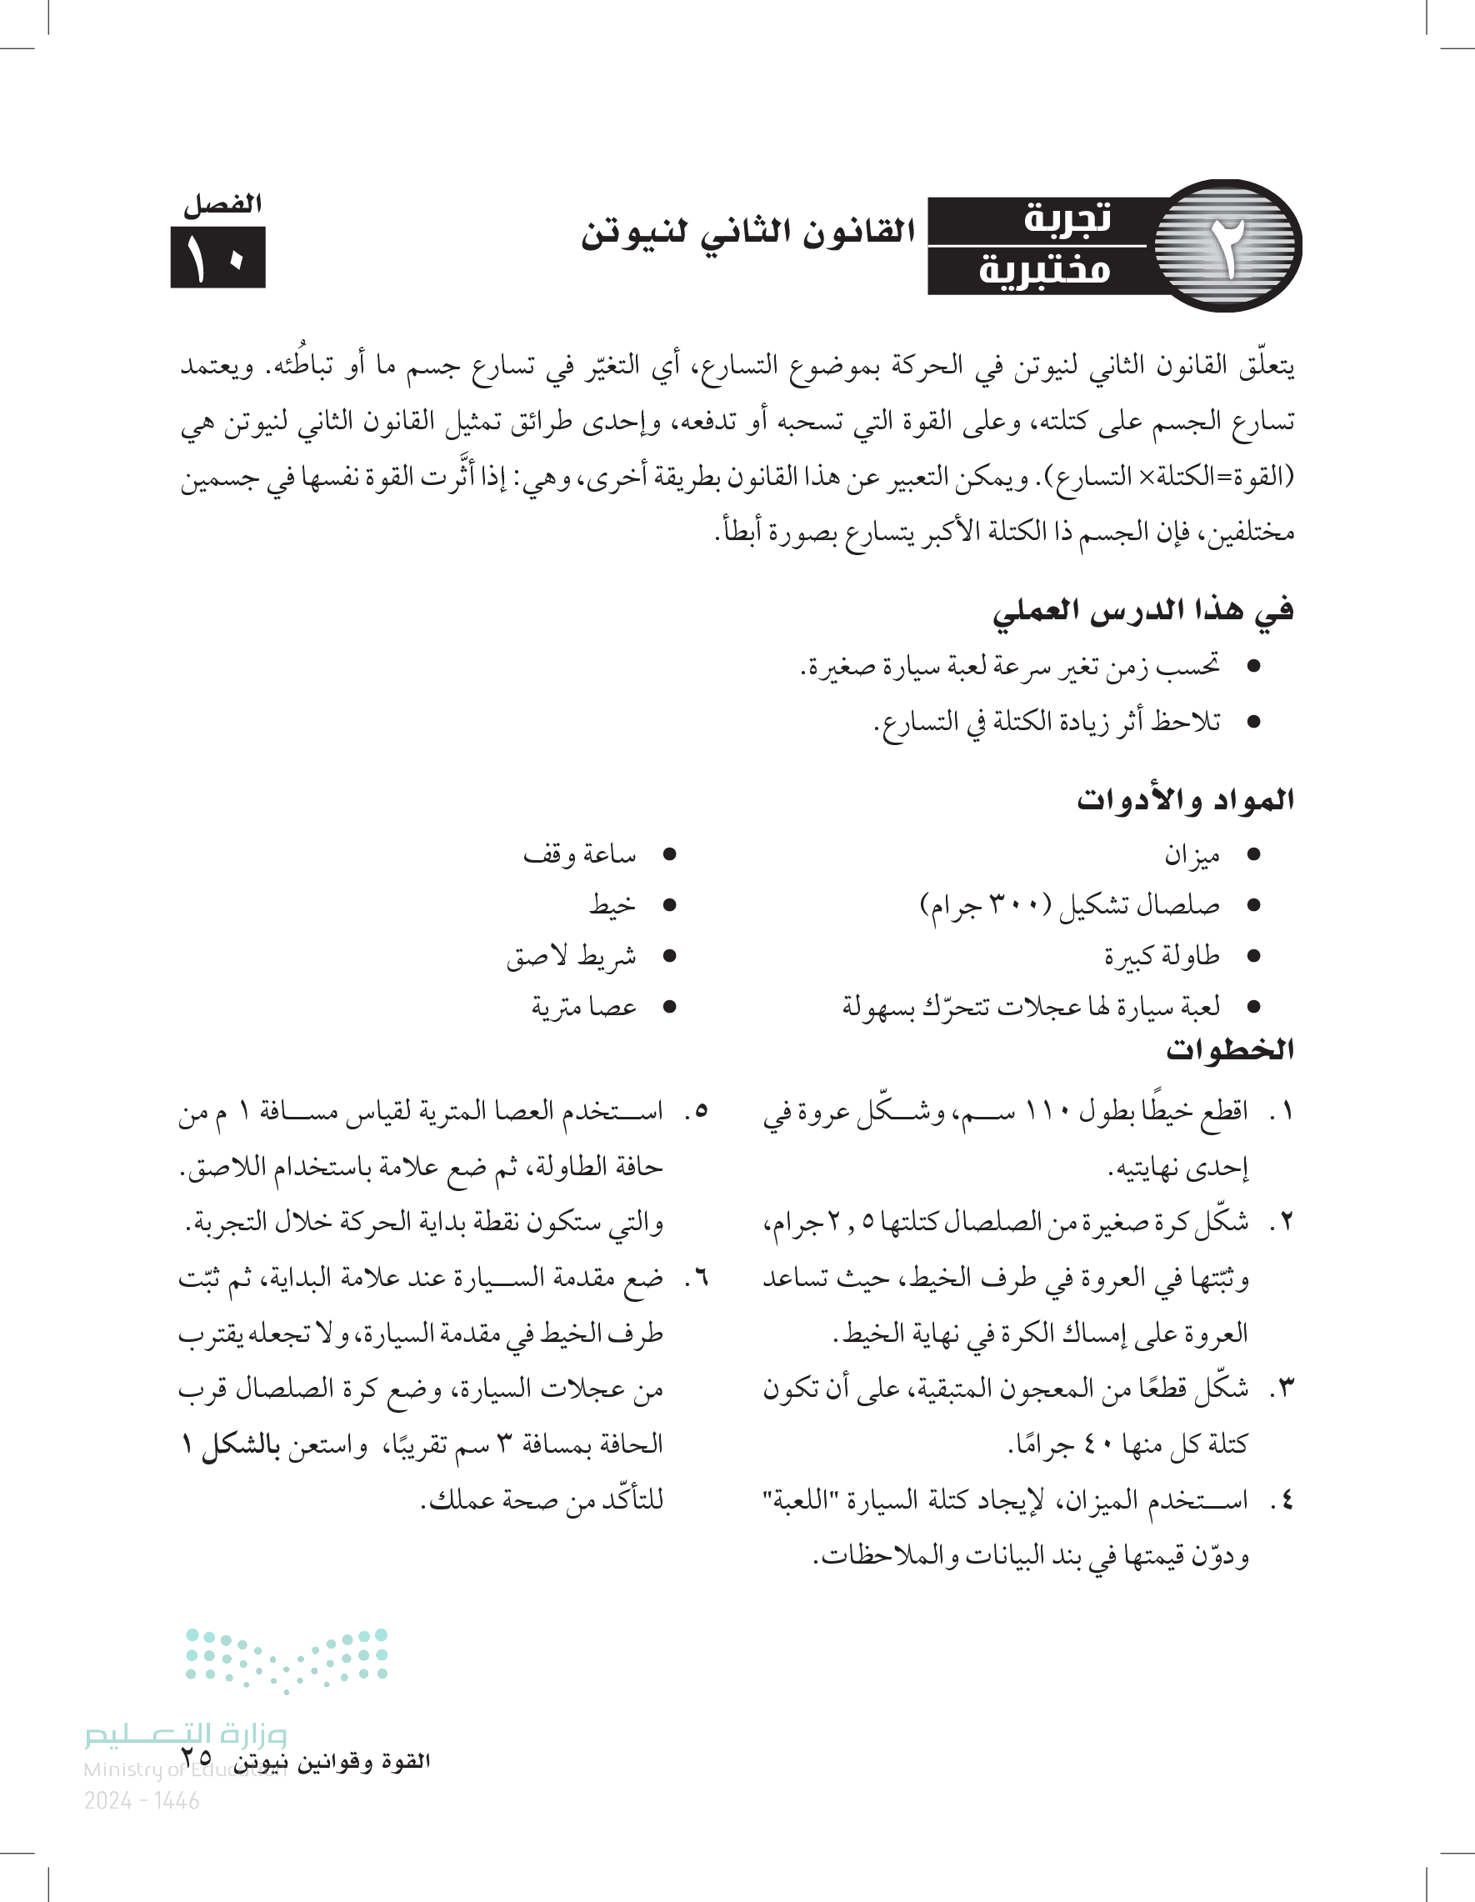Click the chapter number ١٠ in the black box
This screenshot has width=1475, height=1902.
[x=217, y=258]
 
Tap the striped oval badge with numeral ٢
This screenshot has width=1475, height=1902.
[x=1227, y=246]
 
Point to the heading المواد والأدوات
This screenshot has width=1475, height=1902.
[x=1185, y=799]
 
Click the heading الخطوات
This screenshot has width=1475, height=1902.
[x=1229, y=1049]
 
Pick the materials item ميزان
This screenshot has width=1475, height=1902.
[x=1192, y=856]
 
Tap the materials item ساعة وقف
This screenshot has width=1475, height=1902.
[x=579, y=855]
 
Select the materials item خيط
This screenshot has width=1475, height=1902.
[x=612, y=906]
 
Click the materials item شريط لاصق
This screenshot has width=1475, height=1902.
[x=571, y=957]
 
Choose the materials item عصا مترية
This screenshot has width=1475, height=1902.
[x=583, y=1008]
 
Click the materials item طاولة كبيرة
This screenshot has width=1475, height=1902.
[x=1162, y=957]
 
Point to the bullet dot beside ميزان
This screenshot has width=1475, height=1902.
[x=1254, y=856]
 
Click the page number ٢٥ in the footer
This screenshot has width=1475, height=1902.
[x=197, y=1758]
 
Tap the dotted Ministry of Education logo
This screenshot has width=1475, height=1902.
[x=287, y=1659]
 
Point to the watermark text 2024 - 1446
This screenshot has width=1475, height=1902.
[x=142, y=1800]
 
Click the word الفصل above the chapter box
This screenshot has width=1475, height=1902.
[x=222, y=206]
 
